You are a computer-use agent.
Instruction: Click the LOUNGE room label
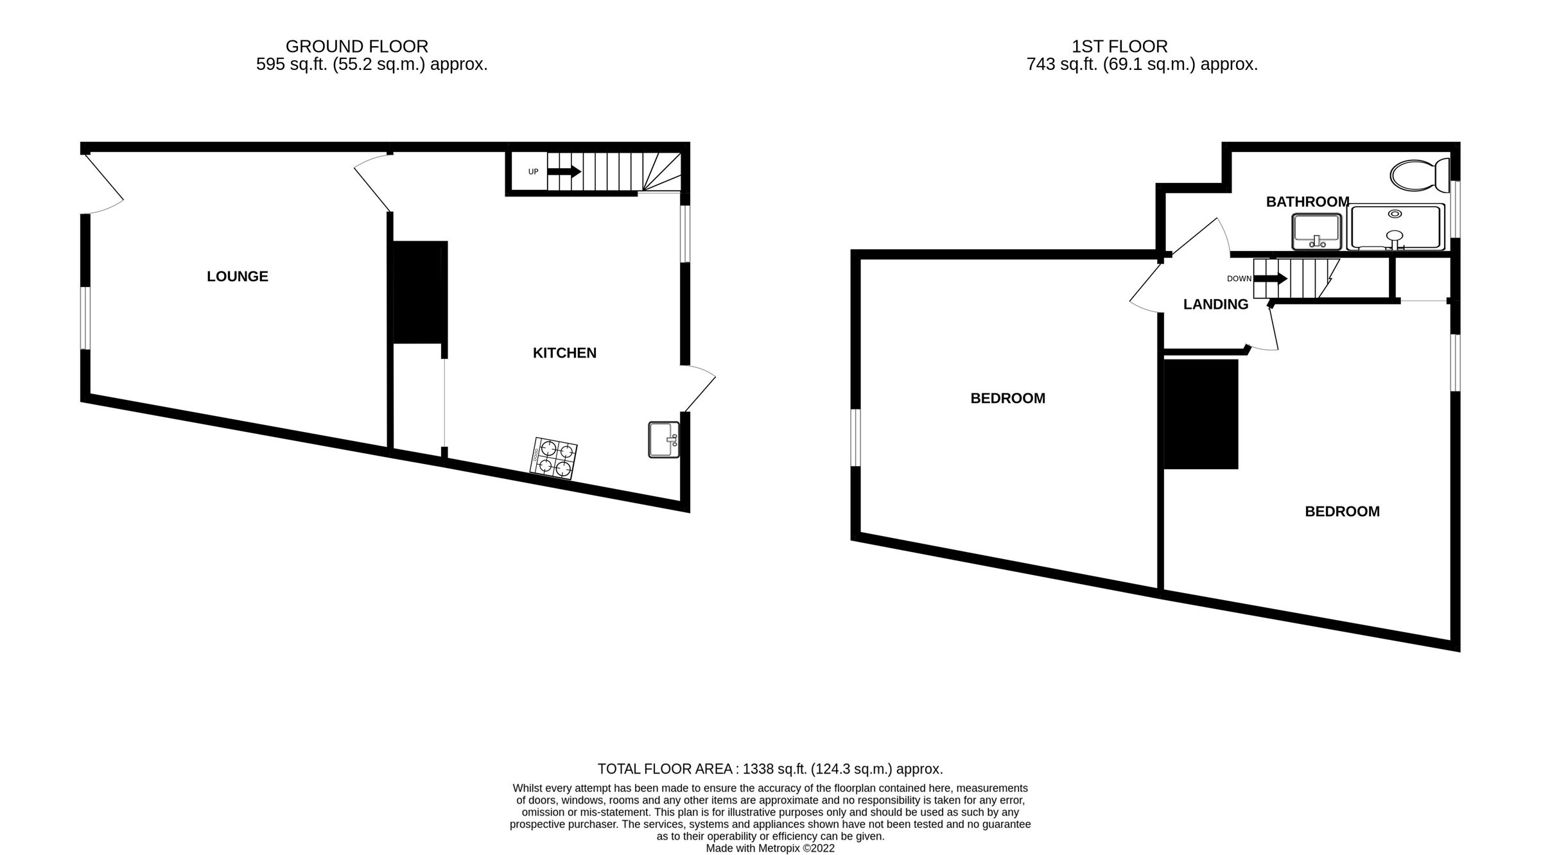(237, 277)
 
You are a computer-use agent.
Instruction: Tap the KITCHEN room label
(564, 353)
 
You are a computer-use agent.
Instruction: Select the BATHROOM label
(1307, 202)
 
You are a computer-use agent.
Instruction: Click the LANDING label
(1215, 305)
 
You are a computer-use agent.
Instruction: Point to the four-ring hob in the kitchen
(553, 458)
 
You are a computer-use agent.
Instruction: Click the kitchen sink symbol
(664, 440)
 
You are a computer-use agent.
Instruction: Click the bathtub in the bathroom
(1396, 227)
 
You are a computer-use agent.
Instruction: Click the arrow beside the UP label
(564, 171)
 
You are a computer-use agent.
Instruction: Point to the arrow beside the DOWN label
(1270, 279)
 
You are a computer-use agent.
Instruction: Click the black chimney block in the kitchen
(419, 292)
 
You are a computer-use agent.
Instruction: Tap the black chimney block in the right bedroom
(1201, 414)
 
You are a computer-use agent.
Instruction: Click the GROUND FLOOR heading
(356, 47)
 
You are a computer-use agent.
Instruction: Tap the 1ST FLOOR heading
(1119, 47)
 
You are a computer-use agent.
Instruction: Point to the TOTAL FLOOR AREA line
(770, 769)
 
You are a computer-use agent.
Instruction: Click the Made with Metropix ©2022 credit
(770, 849)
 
